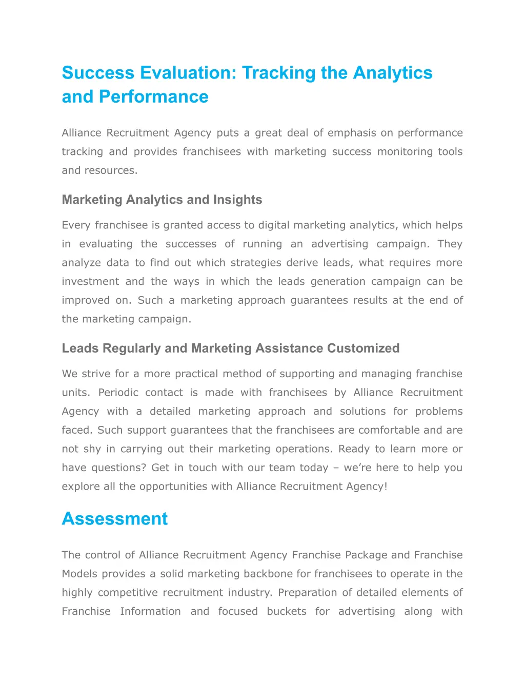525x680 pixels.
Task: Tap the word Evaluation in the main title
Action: [x=188, y=73]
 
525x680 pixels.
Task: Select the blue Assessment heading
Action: [x=115, y=519]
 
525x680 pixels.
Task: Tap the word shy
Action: [x=92, y=449]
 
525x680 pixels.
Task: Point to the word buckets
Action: [x=287, y=611]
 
